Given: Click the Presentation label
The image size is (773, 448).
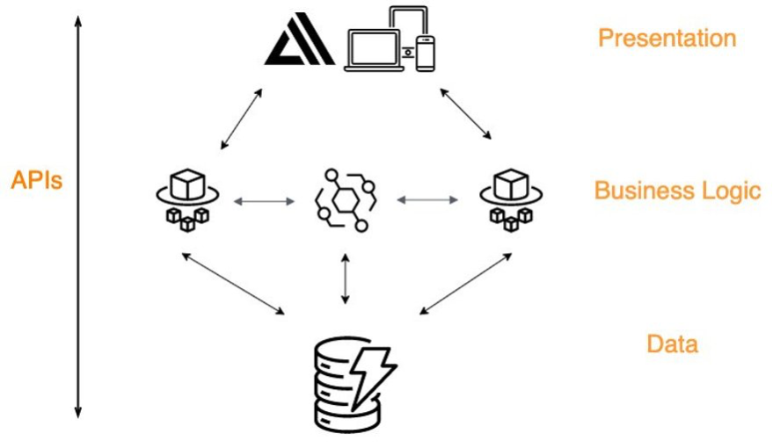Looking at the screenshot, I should [x=667, y=39].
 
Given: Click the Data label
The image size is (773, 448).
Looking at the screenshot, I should [x=672, y=343].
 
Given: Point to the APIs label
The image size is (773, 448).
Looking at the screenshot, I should [x=37, y=181].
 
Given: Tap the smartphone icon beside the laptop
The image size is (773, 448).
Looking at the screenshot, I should [x=426, y=53].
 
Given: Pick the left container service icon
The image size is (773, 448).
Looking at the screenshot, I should [x=185, y=199].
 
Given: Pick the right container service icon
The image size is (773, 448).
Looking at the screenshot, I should [x=510, y=199].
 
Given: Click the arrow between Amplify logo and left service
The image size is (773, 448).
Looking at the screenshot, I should [x=241, y=118].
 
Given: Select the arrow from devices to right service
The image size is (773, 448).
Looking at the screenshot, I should [x=466, y=112].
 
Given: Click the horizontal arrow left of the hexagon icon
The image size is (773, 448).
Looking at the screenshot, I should [x=265, y=201].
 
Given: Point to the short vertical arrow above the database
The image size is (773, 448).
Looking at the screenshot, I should [x=345, y=278].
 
